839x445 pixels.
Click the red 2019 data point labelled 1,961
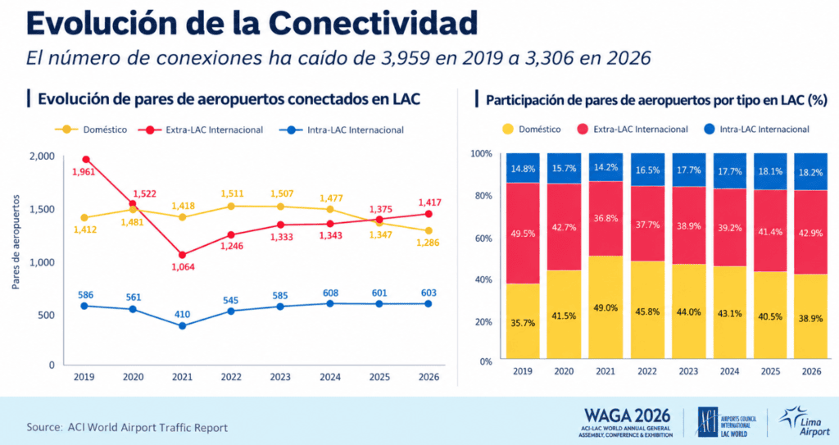[85, 159]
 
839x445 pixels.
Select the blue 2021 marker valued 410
[183, 325]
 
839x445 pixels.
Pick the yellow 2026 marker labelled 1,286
[429, 231]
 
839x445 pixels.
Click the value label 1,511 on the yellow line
[232, 193]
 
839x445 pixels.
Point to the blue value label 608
[330, 293]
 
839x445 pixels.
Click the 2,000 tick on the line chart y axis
[43, 156]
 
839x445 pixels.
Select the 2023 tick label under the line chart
[280, 377]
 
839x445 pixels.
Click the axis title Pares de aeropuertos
[16, 242]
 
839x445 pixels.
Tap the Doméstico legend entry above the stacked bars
[531, 129]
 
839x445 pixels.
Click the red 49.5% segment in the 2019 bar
[523, 233]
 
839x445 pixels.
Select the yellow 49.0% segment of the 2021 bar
[605, 307]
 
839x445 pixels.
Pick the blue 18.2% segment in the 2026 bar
[810, 172]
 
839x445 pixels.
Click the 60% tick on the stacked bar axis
[482, 238]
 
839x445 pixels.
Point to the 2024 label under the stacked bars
[729, 371]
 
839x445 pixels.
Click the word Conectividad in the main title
[373, 23]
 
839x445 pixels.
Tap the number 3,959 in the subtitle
[406, 57]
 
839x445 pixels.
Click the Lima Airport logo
[805, 421]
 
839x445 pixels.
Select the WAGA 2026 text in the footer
[627, 415]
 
